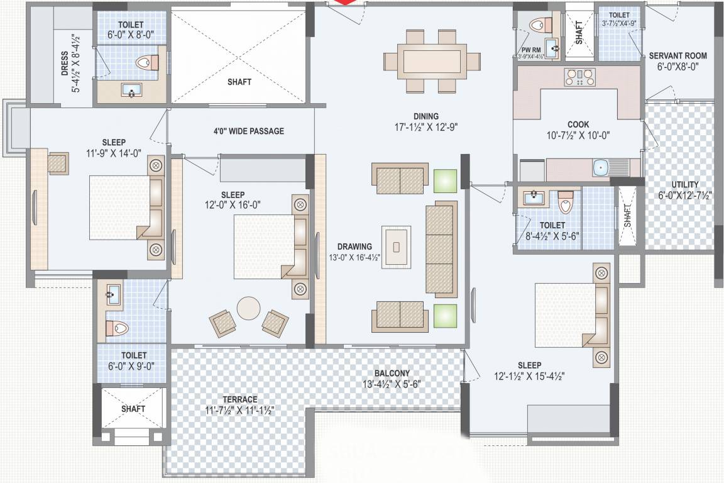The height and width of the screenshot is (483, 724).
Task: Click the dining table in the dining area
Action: [425, 61]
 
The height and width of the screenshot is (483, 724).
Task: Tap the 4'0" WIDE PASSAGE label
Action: [248, 131]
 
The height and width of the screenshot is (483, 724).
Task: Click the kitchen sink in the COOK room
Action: [601, 167]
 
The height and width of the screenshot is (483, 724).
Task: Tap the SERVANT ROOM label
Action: [677, 55]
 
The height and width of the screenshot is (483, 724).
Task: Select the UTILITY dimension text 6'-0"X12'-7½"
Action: [684, 195]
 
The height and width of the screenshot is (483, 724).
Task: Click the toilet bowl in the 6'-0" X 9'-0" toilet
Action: [118, 327]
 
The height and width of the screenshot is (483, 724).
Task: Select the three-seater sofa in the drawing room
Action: [441, 250]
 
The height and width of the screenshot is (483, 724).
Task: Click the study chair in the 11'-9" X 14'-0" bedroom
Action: [58, 163]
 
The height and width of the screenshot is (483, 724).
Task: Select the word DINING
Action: [425, 116]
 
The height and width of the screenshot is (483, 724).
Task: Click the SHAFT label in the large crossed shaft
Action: [239, 82]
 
